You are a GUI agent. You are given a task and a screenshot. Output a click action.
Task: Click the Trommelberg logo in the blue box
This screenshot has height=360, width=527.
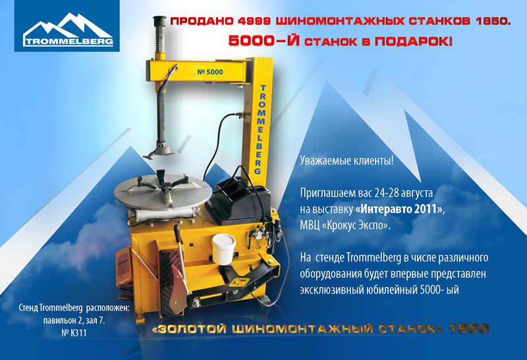coord(68,30)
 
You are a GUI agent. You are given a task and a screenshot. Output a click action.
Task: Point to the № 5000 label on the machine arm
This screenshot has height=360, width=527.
coord(210,72)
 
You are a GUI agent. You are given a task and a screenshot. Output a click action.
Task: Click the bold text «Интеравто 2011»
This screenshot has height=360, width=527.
coord(399,209)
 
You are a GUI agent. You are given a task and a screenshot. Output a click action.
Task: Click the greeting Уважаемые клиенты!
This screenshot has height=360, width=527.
coord(347,161)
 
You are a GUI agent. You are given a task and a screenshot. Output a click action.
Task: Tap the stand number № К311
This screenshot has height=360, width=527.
coord(74,333)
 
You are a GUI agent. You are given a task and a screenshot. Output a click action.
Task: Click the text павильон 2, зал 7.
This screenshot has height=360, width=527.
coord(74,321)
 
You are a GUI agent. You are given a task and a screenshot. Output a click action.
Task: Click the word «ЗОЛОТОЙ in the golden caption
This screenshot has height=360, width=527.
coord(189,329)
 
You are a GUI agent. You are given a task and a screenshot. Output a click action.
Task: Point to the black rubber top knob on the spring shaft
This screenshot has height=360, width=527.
coord(160,21)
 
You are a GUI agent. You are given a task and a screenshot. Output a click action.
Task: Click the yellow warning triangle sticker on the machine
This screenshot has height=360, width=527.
coord(239,282)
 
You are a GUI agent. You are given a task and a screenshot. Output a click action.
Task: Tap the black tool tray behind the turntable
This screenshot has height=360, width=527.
coord(239,201)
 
